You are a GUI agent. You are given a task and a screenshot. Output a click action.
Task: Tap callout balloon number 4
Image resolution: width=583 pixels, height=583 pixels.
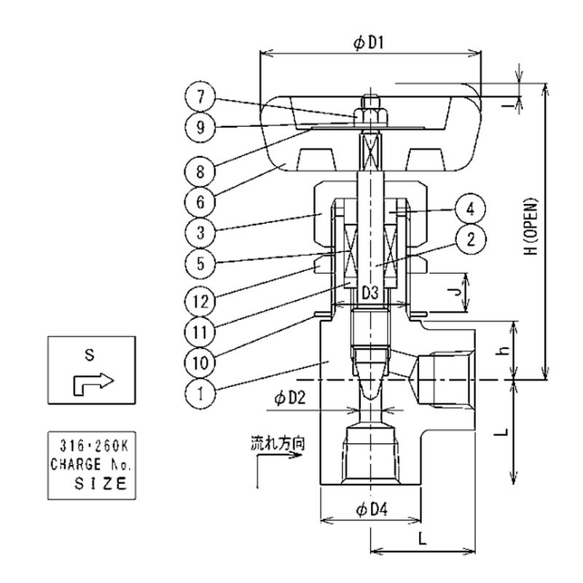(469, 209)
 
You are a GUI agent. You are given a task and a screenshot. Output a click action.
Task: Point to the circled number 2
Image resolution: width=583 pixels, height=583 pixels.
(469, 238)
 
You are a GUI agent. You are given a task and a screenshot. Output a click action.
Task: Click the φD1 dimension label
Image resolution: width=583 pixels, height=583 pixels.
(369, 44)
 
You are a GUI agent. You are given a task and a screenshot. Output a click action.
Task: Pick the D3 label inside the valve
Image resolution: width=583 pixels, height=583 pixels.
(370, 293)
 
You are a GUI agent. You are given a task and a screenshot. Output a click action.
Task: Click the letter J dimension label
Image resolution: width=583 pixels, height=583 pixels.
(453, 291)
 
